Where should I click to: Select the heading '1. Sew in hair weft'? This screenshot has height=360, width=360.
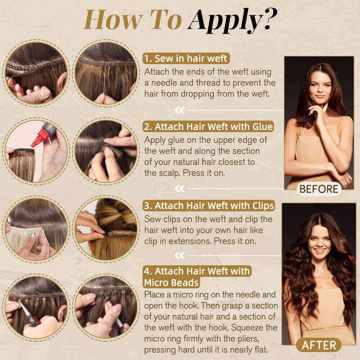coord(186,59)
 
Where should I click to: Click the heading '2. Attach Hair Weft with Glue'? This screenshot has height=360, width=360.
coord(208,126)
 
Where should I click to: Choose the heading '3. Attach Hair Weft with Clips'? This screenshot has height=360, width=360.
coord(209,206)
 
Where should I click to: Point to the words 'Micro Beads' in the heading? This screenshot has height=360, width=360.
coord(171,283)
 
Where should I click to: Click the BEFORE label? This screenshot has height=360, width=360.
coord(319,189)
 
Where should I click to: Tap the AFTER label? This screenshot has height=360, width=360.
coord(319,345)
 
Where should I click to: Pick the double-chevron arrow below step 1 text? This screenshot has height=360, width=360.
coord(180,110)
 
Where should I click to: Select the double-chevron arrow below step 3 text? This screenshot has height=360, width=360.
coord(180,255)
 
